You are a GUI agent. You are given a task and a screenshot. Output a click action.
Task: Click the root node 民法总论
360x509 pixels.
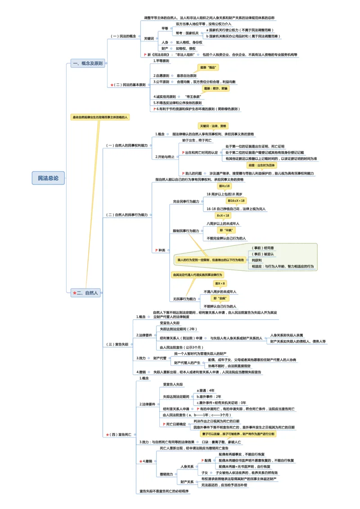48,178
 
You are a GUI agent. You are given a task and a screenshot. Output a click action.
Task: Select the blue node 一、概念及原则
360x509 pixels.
87,63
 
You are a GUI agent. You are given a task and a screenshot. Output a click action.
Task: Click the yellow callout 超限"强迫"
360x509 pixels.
208,67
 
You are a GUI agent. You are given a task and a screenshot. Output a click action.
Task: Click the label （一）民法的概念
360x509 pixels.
123,36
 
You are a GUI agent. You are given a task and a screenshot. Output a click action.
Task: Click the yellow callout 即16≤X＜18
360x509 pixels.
236,201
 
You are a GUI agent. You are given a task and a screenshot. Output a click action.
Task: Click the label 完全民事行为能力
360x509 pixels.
186,201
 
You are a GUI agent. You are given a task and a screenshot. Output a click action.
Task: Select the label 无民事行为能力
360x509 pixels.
184,299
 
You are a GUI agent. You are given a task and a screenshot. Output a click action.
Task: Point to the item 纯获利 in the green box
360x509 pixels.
257,260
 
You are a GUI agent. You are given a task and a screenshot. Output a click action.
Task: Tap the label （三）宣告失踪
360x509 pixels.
117,344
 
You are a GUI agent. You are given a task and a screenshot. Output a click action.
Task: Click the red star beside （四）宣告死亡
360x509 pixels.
107,435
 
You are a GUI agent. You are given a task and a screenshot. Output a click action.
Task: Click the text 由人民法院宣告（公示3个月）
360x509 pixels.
181,347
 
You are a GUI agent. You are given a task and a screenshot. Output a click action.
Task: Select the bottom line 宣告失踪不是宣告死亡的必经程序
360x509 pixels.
164,491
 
